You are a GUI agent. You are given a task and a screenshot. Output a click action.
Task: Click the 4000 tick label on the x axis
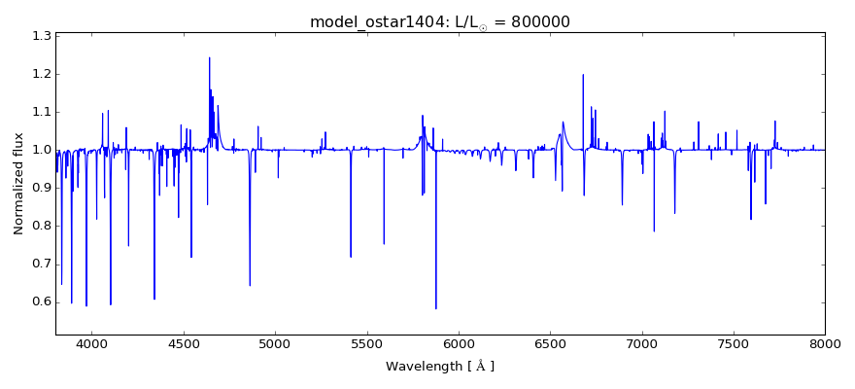[91, 344]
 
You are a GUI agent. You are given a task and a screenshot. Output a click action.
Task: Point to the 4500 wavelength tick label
[184, 344]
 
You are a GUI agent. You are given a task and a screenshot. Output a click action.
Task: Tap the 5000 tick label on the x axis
[275, 344]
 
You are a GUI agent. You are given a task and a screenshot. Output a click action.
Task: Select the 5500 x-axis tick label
[366, 344]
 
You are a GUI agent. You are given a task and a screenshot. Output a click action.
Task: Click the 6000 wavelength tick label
[458, 344]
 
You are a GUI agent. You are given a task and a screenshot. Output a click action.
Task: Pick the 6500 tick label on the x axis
[550, 344]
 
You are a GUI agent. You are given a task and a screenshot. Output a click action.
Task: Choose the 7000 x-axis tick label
[641, 344]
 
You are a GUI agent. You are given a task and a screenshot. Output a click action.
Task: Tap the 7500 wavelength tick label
[733, 344]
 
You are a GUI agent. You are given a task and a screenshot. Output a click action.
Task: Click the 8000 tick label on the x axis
[824, 344]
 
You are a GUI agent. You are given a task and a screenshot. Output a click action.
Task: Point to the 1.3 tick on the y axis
[40, 36]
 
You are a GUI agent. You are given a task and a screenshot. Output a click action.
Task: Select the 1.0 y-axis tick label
[40, 150]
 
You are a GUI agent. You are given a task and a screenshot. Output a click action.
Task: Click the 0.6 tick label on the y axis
[40, 301]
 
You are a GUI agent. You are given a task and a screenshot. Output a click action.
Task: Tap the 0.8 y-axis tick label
[40, 226]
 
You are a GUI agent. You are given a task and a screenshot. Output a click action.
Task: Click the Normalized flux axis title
[18, 184]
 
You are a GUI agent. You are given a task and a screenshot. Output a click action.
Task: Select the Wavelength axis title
[440, 367]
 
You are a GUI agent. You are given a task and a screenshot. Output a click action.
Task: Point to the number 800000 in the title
[536, 21]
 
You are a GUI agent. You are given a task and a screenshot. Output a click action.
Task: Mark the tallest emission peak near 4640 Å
[209, 57]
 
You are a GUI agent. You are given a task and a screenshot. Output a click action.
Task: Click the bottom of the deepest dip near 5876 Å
[435, 308]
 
